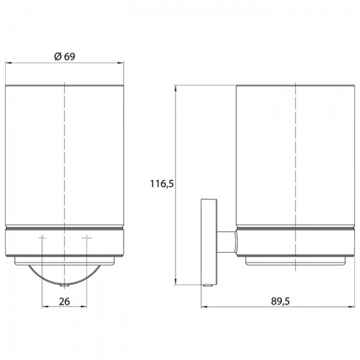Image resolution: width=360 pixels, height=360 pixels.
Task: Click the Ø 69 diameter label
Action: click(65, 56)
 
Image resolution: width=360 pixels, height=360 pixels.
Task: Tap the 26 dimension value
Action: click(64, 301)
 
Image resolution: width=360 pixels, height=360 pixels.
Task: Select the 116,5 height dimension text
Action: click(162, 184)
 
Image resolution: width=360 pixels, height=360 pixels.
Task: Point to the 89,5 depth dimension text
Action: click(280, 301)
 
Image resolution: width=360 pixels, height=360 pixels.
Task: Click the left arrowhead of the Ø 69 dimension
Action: click(8, 63)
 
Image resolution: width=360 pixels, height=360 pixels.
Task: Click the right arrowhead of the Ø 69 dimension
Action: click(121, 63)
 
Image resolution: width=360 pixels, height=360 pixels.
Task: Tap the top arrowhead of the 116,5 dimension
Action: click(176, 89)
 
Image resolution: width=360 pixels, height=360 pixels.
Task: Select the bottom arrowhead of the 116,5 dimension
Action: click(176, 282)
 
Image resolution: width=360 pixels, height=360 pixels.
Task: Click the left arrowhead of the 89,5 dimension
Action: click(204, 307)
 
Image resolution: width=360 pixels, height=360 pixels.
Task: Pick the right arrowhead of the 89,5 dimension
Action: click(352, 307)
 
